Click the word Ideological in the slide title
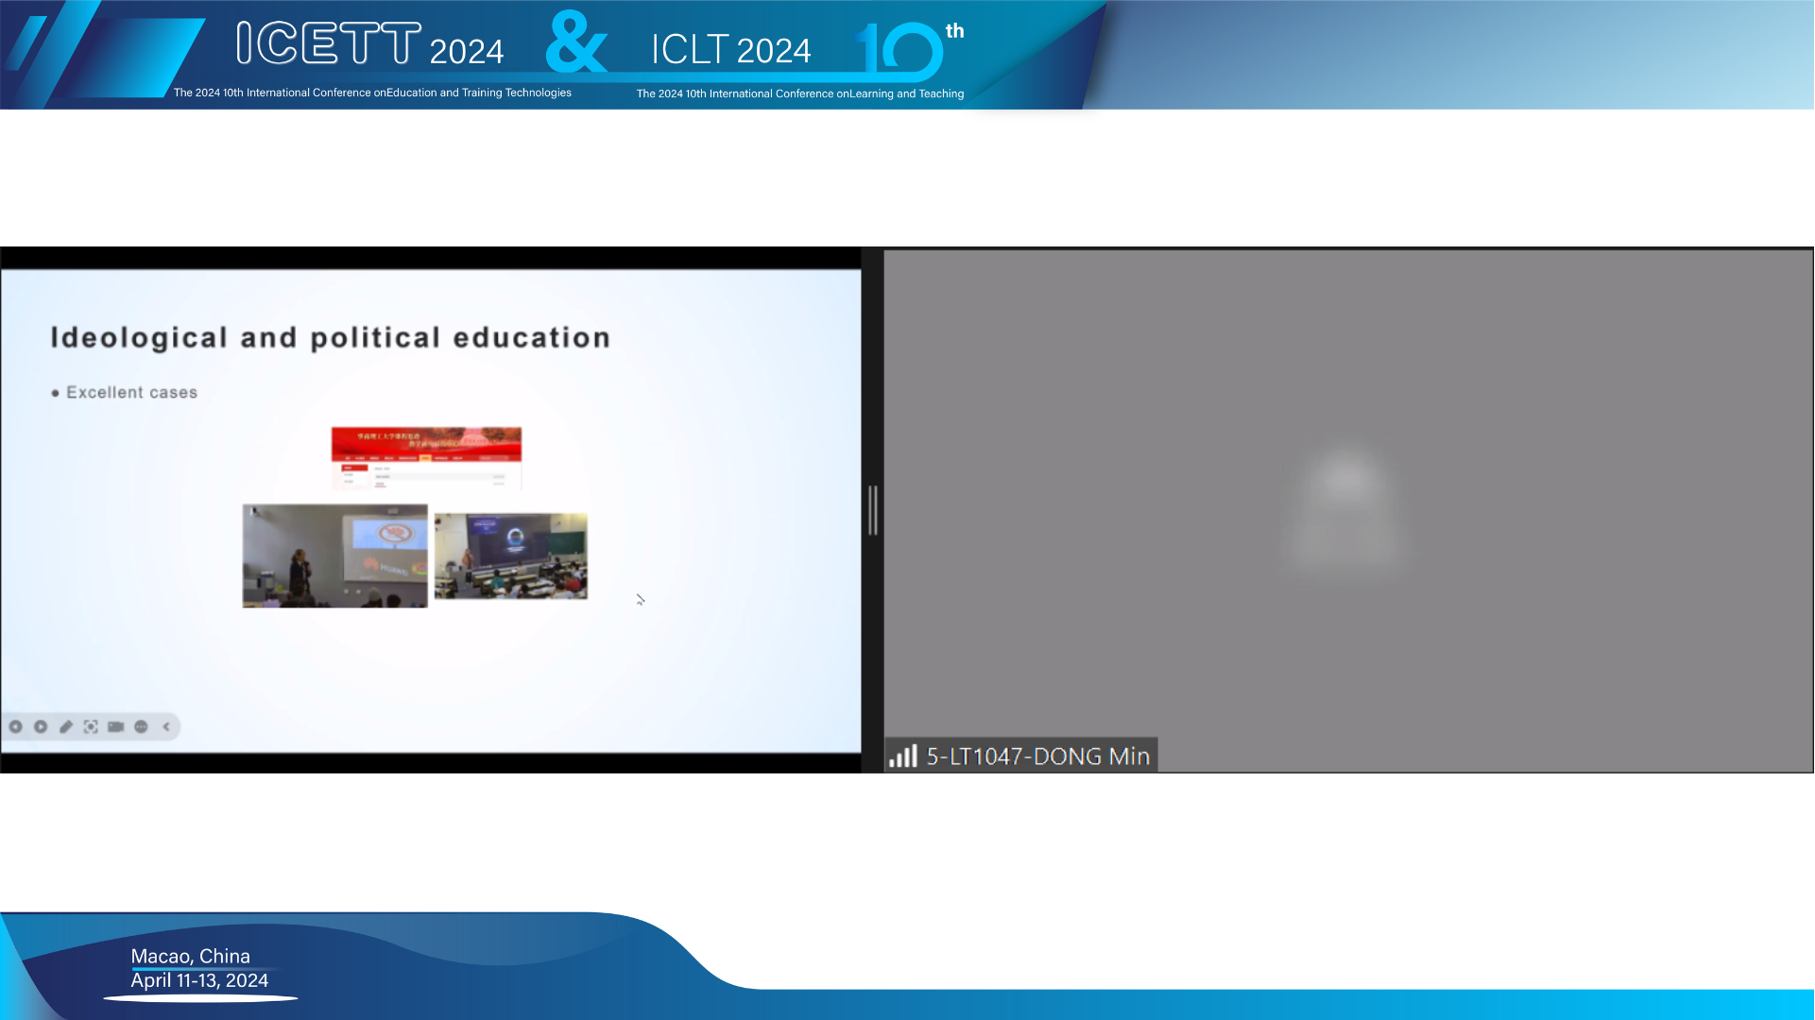tap(139, 338)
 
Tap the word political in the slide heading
tap(375, 338)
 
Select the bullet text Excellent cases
tap(131, 393)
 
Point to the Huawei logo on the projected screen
tap(389, 569)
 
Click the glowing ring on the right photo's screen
tap(515, 538)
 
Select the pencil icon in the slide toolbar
tap(66, 727)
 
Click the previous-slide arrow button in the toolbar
tap(16, 727)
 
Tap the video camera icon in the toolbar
tap(116, 727)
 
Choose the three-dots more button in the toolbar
tap(142, 727)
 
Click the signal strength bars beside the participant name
tap(903, 756)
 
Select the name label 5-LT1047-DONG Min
tap(1037, 756)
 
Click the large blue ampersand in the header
tap(576, 43)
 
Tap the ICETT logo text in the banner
tap(329, 43)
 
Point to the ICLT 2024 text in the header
tap(730, 50)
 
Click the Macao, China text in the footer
tap(191, 957)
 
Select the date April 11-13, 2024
tap(199, 981)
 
